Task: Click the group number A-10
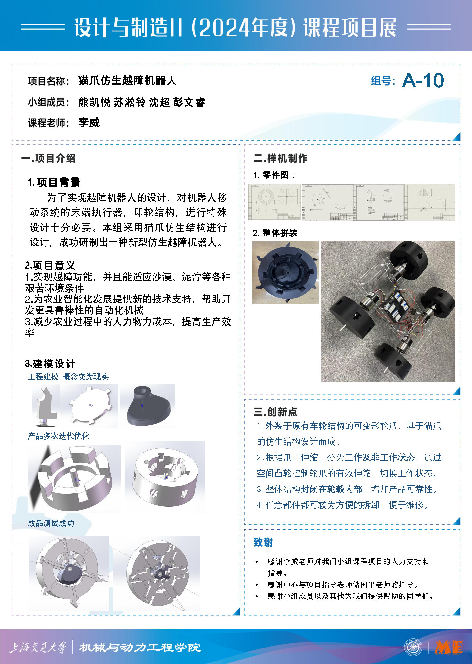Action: click(x=423, y=80)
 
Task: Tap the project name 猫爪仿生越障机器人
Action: click(x=127, y=80)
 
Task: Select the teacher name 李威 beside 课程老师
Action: click(x=89, y=123)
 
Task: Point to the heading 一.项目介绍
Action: click(x=48, y=158)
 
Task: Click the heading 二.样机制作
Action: click(x=280, y=158)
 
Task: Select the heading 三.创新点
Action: click(x=275, y=412)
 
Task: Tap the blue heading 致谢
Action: click(x=263, y=542)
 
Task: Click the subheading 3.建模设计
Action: click(x=50, y=364)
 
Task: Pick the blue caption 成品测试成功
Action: click(x=51, y=523)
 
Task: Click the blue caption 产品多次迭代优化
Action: click(x=58, y=436)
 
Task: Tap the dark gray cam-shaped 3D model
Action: click(x=148, y=406)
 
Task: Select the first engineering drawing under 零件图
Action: click(x=274, y=202)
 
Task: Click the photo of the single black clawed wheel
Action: click(x=286, y=272)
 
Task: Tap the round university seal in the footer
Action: click(x=413, y=647)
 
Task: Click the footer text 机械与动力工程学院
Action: click(x=140, y=648)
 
